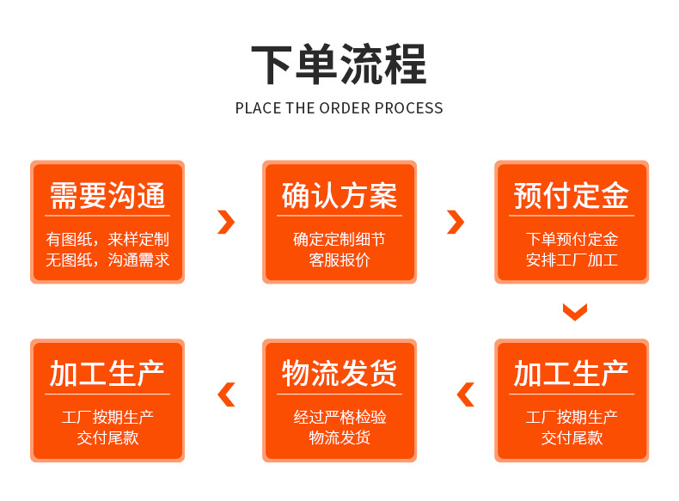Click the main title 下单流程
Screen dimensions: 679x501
[339, 64]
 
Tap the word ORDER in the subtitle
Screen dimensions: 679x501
[345, 107]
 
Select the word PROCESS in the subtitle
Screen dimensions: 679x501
[409, 107]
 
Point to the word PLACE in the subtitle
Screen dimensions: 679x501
[258, 107]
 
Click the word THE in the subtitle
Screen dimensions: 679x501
[300, 107]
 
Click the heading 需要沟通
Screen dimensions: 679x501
[107, 196]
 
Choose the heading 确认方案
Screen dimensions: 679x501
[339, 196]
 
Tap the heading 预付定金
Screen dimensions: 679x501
[572, 196]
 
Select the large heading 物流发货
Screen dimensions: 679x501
[339, 373]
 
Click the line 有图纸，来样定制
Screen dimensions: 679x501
[107, 239]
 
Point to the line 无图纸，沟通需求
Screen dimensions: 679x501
[107, 260]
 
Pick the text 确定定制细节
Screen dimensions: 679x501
[339, 239]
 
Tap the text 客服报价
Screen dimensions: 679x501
[339, 260]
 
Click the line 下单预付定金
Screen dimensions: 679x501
[572, 239]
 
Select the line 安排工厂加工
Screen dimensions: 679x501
[572, 260]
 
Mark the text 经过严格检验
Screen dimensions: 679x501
[339, 417]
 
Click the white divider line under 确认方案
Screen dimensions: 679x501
[339, 216]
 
